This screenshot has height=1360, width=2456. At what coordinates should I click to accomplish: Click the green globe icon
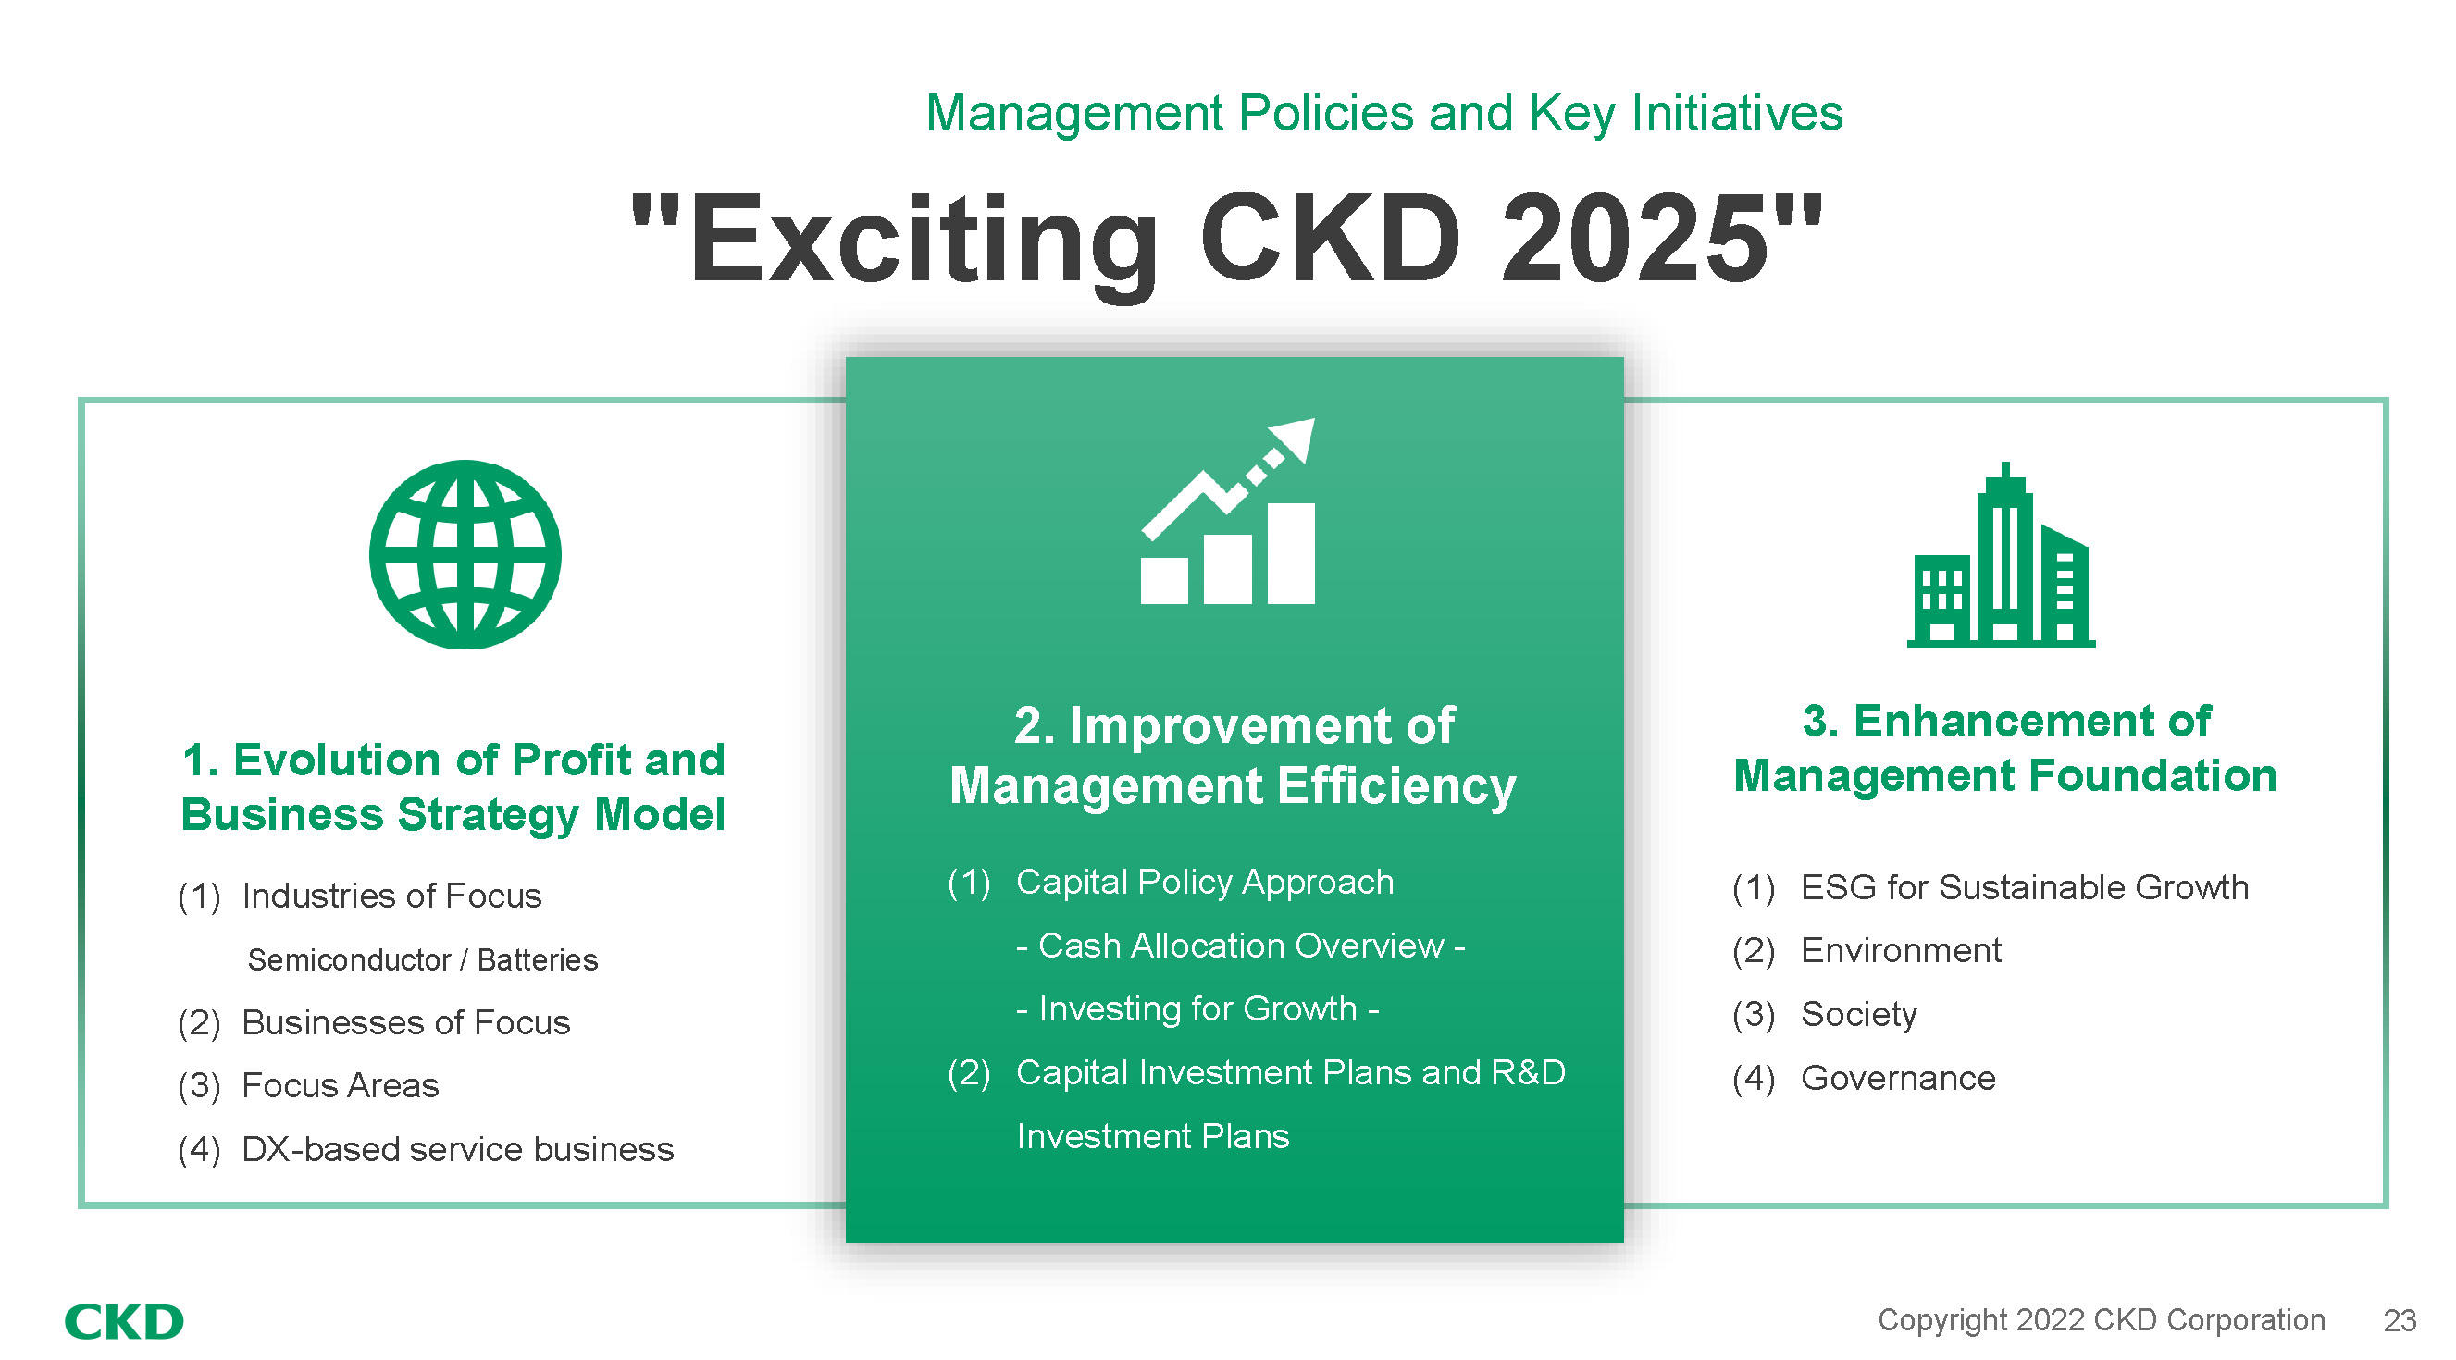point(465,555)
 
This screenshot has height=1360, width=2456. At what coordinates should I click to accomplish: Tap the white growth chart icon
point(1228,511)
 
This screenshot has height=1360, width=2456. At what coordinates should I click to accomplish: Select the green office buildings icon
point(2002,555)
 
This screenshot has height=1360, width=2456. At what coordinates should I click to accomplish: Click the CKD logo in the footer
point(124,1322)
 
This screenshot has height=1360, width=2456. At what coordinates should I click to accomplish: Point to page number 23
point(2400,1321)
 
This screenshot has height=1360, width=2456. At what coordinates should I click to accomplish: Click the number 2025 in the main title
point(1633,239)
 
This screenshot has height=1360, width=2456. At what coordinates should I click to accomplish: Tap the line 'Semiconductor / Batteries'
point(422,959)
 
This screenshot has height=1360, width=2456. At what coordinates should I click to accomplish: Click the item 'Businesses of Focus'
point(406,1022)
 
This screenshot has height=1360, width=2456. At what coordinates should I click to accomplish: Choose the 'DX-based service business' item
point(458,1149)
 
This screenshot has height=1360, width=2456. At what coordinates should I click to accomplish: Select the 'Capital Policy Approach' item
point(1205,883)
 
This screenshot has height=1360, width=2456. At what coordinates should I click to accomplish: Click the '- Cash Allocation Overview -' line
point(1240,946)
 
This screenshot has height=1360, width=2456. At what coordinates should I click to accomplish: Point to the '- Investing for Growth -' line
point(1197,1008)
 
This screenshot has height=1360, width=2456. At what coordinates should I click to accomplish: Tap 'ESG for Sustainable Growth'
point(2025,887)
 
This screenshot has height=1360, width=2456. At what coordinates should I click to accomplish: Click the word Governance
point(1898,1078)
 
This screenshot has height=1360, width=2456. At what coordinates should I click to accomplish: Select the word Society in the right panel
point(1859,1015)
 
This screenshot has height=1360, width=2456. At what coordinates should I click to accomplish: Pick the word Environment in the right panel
point(1901,950)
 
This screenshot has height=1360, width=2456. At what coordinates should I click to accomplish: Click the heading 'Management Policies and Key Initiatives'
point(1384,114)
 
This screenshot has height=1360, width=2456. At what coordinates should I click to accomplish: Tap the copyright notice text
point(2102,1320)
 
